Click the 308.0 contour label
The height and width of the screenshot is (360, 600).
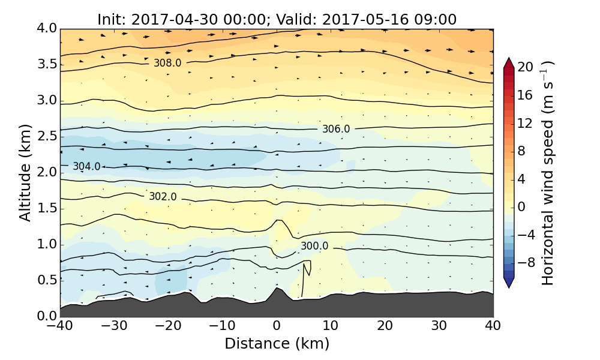167,63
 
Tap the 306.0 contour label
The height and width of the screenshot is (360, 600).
336,129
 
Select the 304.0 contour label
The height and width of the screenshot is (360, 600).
86,167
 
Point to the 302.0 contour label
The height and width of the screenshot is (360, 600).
163,197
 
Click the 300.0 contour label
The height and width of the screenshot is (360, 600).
314,246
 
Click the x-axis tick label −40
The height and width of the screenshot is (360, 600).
60,326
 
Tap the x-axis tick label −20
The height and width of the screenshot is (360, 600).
168,326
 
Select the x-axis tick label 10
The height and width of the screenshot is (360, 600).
331,326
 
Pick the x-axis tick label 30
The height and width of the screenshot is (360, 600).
439,326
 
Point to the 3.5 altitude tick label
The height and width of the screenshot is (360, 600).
46,64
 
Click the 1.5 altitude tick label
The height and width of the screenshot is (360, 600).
46,208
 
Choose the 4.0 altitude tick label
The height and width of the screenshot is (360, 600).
46,28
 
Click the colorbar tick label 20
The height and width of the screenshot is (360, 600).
526,67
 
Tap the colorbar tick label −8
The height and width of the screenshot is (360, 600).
526,262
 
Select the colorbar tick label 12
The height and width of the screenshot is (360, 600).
526,123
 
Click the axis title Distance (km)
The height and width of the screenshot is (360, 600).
277,344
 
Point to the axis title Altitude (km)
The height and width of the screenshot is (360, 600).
25,172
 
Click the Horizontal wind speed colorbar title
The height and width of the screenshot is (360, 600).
548,172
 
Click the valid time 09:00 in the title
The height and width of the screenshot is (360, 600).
436,19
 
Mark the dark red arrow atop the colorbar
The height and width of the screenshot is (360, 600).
509,62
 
